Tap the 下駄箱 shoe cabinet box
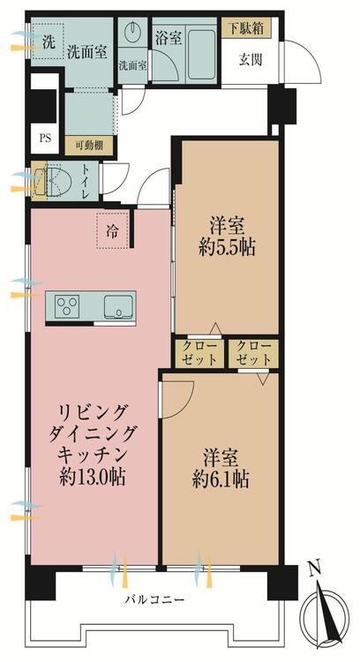246,29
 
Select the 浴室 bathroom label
169,39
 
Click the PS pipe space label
44,138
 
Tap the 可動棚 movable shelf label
89,147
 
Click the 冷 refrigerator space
112,230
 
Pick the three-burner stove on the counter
68,306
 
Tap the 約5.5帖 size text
227,248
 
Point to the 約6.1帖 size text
221,478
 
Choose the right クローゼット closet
253,353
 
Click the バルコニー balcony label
154,599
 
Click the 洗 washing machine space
48,41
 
